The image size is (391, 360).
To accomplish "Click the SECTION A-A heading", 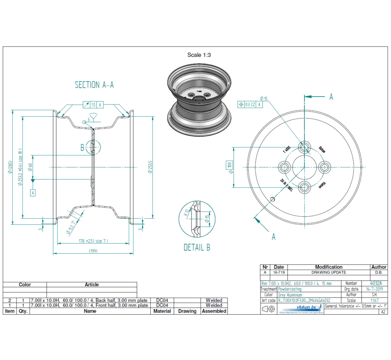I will (94, 85).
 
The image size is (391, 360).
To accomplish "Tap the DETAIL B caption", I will (196, 248).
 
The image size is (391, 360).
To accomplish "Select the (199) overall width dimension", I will (93, 251).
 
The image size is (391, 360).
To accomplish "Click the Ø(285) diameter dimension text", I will (10, 167).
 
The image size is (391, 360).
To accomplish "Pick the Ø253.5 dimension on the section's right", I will (150, 167).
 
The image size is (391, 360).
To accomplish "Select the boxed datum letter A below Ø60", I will (33, 192).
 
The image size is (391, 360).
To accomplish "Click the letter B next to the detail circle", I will (82, 148).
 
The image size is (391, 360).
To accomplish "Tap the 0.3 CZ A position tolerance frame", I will (250, 104).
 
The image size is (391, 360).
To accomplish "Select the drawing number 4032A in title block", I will (376, 284).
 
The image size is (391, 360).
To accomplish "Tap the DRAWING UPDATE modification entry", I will (329, 272).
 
